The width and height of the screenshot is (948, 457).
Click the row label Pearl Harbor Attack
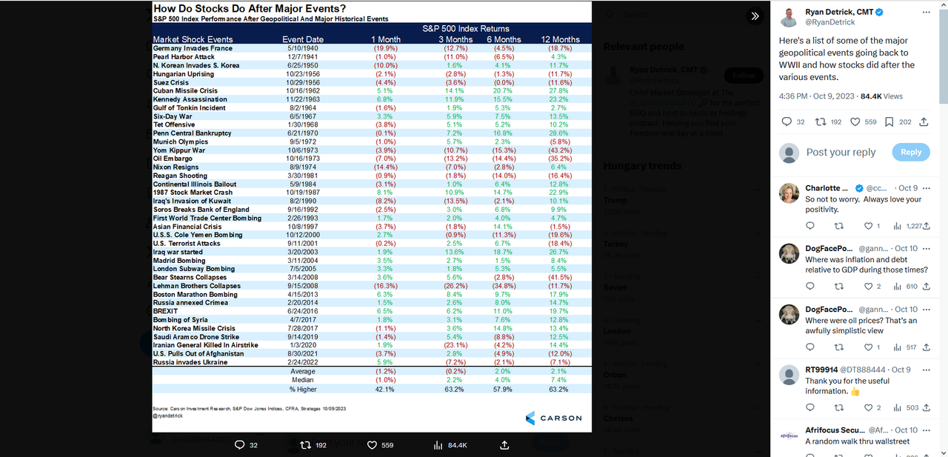(183, 57)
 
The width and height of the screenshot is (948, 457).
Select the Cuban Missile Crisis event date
(304, 91)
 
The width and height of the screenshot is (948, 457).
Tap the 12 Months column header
(560, 39)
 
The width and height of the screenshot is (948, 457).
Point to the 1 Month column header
(385, 39)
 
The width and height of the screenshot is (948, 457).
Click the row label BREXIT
(167, 312)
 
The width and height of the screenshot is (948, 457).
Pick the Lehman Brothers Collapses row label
(196, 286)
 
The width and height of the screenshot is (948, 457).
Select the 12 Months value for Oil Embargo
(560, 159)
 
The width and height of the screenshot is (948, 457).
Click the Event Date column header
(303, 39)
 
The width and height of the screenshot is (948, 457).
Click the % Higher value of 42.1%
(385, 389)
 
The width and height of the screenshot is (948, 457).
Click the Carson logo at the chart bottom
(553, 418)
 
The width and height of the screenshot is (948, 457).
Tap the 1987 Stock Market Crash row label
(192, 193)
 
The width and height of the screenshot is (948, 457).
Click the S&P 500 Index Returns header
(476, 28)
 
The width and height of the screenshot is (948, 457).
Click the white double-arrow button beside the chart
(755, 16)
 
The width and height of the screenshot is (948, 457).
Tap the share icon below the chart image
(504, 445)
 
